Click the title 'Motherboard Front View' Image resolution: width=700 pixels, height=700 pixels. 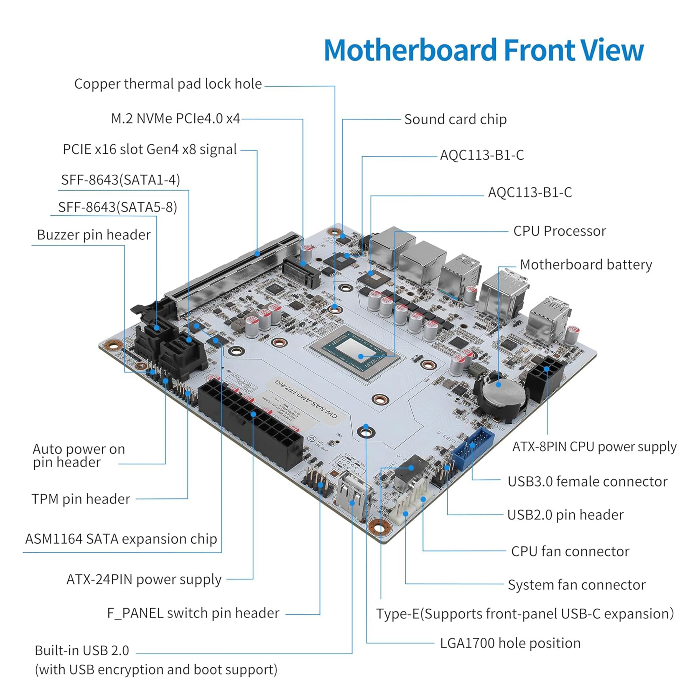click(x=483, y=50)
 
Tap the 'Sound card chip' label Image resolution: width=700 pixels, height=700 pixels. click(x=455, y=119)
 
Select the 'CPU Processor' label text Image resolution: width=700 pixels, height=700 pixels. click(x=559, y=231)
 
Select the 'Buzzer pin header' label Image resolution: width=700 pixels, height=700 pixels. click(x=93, y=235)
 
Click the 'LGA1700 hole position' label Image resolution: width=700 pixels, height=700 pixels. click(x=510, y=643)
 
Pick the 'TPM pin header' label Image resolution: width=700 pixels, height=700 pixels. click(x=80, y=499)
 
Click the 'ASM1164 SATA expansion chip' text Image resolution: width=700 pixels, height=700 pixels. click(x=121, y=539)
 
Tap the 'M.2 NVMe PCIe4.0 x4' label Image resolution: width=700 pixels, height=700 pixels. click(x=175, y=119)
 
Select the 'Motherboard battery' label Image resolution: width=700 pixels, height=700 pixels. click(x=586, y=265)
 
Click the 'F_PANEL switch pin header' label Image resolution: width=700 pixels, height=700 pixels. click(x=193, y=613)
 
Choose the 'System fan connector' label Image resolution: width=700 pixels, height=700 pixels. click(x=576, y=584)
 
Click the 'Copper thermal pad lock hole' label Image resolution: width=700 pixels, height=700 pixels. click(x=168, y=84)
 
